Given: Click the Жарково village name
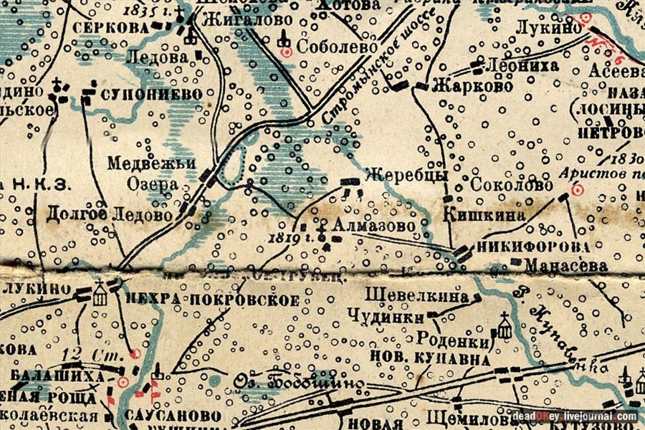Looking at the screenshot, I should click(x=474, y=87).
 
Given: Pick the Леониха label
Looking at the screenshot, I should click(x=517, y=64).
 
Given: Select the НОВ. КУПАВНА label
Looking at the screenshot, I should click(x=421, y=356).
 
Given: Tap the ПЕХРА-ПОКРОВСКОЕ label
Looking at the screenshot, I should click(x=212, y=300).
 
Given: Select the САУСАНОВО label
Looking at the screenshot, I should click(x=172, y=416).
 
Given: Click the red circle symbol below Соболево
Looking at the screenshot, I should click(x=286, y=52).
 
